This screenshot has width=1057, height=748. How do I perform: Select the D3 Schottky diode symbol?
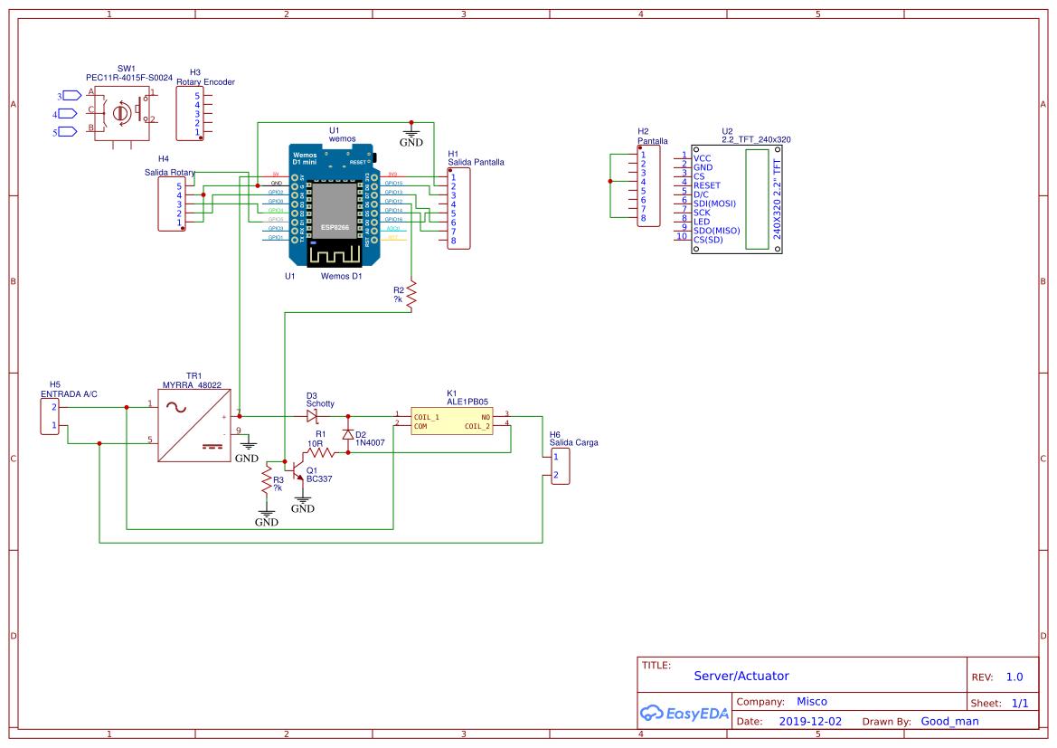pyautogui.click(x=313, y=416)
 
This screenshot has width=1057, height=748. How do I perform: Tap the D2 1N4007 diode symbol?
pyautogui.click(x=348, y=434)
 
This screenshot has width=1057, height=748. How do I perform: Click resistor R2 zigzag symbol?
pyautogui.click(x=411, y=296)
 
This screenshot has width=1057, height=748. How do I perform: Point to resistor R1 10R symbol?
pyautogui.click(x=319, y=452)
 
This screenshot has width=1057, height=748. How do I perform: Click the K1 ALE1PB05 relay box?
pyautogui.click(x=451, y=421)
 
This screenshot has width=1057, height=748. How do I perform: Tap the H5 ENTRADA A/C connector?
pyautogui.click(x=54, y=416)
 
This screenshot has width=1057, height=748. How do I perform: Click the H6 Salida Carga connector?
pyautogui.click(x=561, y=466)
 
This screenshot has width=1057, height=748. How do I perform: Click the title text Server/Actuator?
pyautogui.click(x=741, y=676)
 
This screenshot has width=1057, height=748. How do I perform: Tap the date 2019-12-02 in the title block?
pyautogui.click(x=810, y=721)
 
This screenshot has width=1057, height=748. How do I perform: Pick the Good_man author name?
pyautogui.click(x=949, y=721)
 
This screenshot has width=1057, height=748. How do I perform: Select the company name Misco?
pyautogui.click(x=811, y=701)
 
